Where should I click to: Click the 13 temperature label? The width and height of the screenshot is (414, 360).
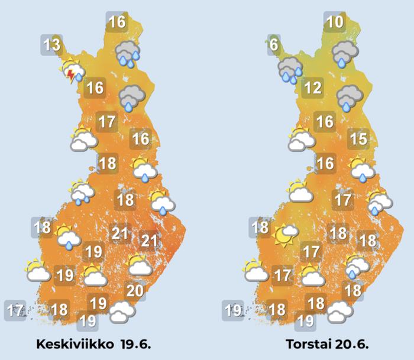(x=52, y=44)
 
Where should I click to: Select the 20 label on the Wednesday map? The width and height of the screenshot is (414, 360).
(x=135, y=290)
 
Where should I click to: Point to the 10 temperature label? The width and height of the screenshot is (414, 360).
(x=335, y=23)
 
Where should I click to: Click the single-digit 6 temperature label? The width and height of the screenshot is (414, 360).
(x=273, y=44)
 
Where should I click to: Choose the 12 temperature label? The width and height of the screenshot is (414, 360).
(x=312, y=89)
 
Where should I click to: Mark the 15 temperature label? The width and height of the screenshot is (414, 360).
(x=358, y=140)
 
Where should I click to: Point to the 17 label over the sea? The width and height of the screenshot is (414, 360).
(x=15, y=309)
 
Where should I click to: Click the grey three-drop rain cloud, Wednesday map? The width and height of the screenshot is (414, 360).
(x=128, y=52)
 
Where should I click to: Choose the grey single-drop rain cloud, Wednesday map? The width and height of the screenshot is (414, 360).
(x=130, y=97)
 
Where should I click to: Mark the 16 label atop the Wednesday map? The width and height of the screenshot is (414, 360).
(x=117, y=23)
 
